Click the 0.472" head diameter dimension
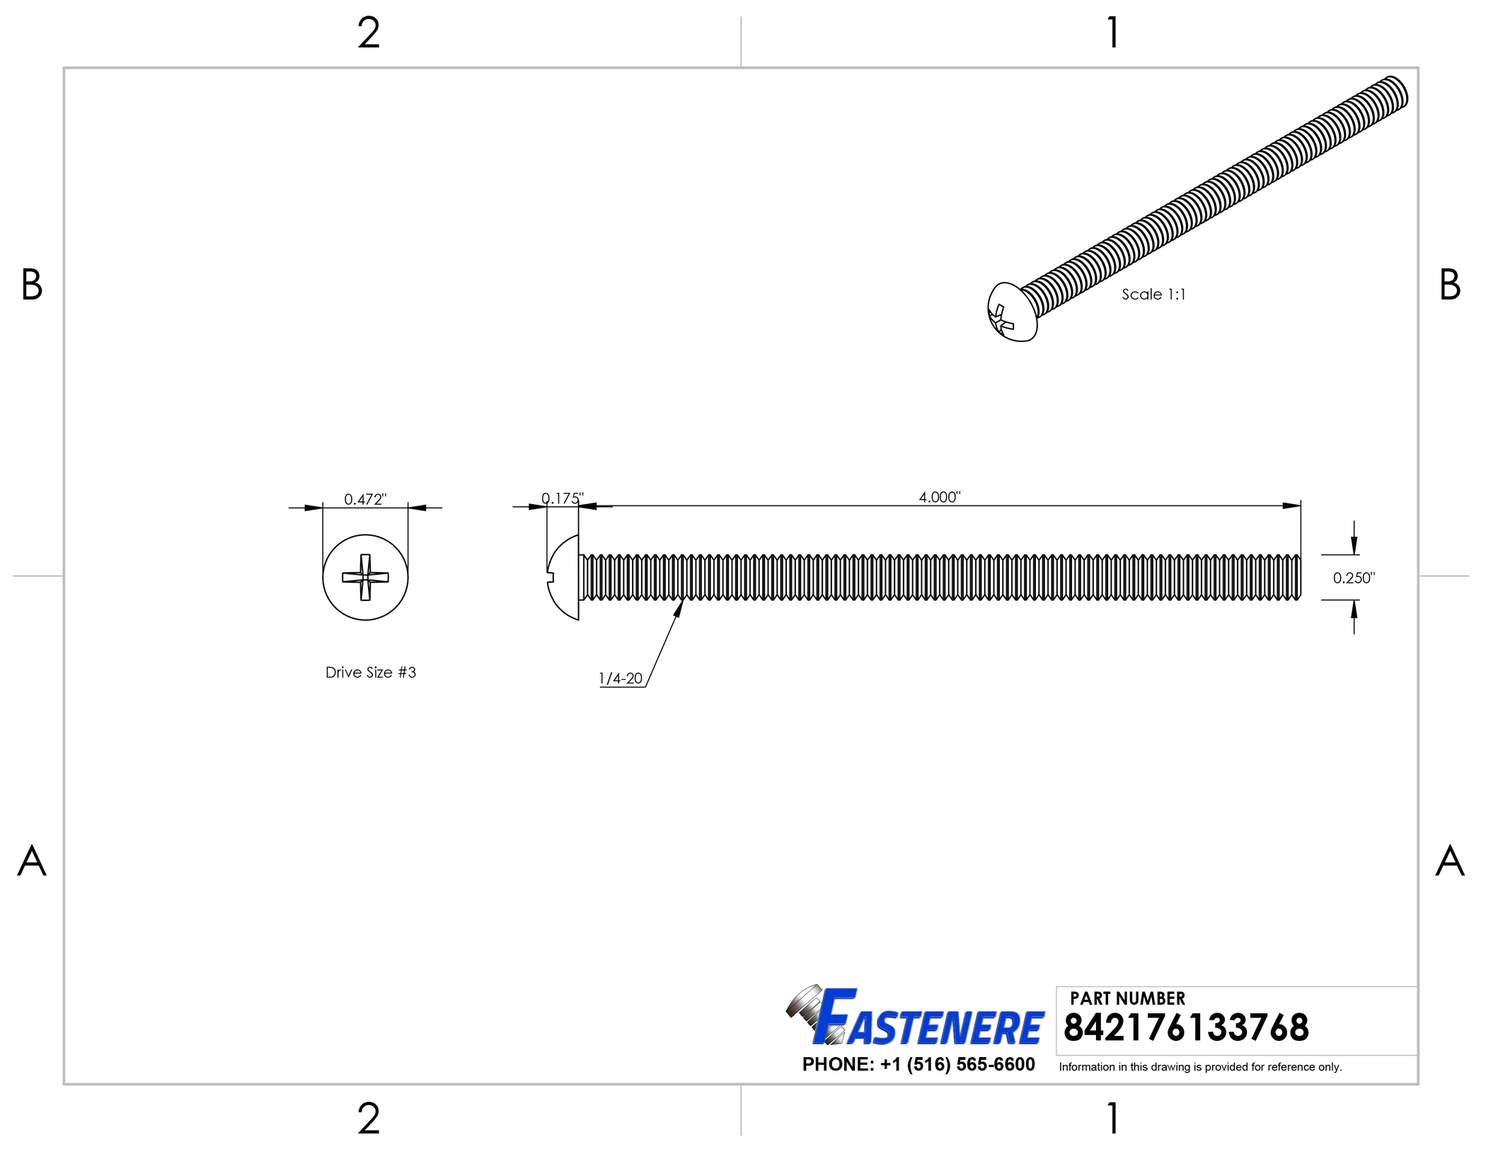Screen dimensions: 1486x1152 pos(365,499)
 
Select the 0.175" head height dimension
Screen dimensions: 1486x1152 pos(563,498)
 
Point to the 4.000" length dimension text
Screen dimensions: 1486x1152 pos(940,497)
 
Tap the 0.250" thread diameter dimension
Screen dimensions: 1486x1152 pos(1354,578)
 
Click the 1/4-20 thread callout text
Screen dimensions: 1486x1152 pos(621,678)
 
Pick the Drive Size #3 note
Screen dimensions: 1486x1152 pos(371,673)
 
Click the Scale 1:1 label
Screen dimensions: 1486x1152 pos(1153,295)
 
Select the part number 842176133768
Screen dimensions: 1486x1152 pos(1186,1028)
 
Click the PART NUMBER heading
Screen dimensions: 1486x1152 pos(1127,998)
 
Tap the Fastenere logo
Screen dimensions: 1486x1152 pos(915,1016)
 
